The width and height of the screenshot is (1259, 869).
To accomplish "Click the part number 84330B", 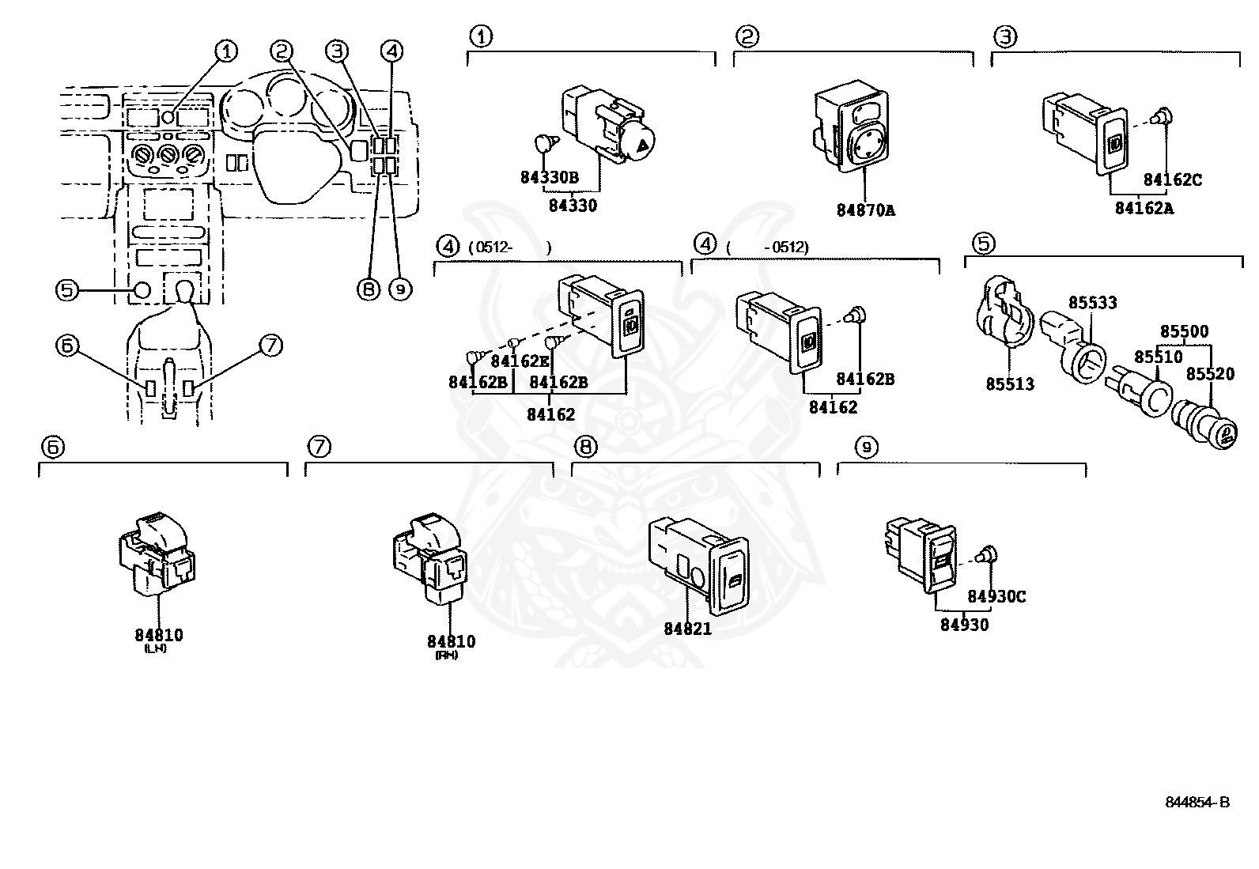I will pos(550,177).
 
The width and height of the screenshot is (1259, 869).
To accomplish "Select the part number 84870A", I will pos(865,210).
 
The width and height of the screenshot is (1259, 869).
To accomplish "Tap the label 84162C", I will pos(1172,180).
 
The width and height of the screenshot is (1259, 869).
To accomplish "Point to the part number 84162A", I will pos(1144,208).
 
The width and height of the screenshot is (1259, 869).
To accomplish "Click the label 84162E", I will pos(520,361).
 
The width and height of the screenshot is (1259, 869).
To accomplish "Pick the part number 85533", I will pos(1093,303).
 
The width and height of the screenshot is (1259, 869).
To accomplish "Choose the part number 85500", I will pos(1184,332).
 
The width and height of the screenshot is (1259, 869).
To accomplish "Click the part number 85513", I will pos(1010,384).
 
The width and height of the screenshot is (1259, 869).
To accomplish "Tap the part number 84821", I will pos(687,629).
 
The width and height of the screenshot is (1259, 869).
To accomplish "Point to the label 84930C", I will pos(996,597).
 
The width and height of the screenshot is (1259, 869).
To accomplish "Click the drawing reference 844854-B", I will pos(1197,803).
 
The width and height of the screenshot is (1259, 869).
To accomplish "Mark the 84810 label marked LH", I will pos(158,635).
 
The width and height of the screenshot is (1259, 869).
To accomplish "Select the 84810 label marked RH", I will pos(451,642).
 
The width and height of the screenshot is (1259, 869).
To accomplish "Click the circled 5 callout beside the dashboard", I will pos(66,290).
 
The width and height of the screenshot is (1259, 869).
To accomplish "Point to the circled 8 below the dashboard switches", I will pos(368,289).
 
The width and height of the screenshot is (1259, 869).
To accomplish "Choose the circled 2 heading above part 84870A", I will pos(747,36).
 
